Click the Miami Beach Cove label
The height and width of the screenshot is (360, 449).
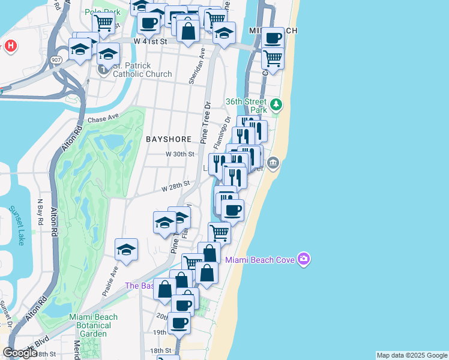pyautogui.click(x=262, y=259)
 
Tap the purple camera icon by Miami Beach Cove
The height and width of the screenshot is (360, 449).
pyautogui.click(x=304, y=259)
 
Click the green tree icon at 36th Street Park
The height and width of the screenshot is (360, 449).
pyautogui.click(x=276, y=104)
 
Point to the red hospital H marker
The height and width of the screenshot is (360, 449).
pyautogui.click(x=10, y=46)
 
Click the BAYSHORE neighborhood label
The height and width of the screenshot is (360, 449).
pyautogui.click(x=169, y=139)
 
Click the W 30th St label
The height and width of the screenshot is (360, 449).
pyautogui.click(x=181, y=154)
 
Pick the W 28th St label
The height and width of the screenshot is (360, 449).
pyautogui.click(x=175, y=187)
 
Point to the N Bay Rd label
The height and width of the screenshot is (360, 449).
pyautogui.click(x=41, y=212)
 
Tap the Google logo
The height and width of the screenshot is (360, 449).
pyautogui.click(x=20, y=353)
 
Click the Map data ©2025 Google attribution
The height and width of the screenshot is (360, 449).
pyautogui.click(x=412, y=355)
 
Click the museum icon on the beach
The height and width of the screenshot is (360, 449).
pyautogui.click(x=273, y=163)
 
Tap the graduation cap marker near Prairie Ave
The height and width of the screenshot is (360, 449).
pyautogui.click(x=126, y=250)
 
